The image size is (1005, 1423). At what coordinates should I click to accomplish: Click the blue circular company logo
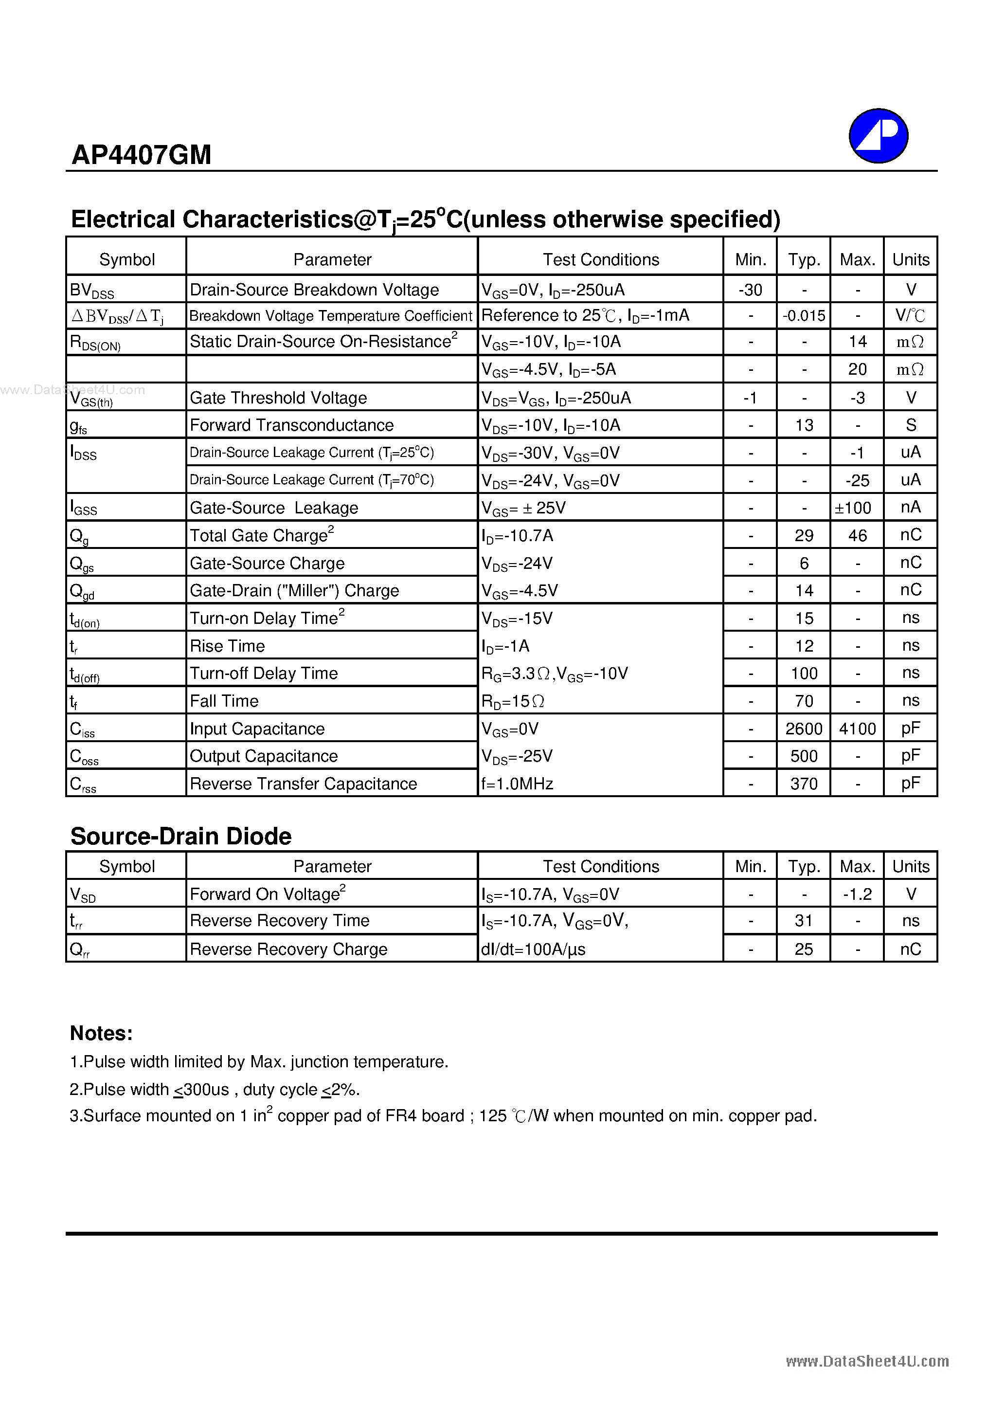[x=878, y=136]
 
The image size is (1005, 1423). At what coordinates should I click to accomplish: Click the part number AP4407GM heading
[x=141, y=155]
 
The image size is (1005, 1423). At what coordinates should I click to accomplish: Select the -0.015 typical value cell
[x=804, y=316]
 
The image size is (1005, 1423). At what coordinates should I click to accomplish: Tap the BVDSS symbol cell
[x=92, y=290]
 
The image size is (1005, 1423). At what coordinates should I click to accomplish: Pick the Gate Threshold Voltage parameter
[x=278, y=398]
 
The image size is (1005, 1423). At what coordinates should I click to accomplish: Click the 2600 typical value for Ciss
[x=804, y=729]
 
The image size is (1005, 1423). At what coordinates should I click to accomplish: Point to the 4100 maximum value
[x=857, y=729]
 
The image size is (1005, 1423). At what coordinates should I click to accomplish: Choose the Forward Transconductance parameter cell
[x=291, y=425]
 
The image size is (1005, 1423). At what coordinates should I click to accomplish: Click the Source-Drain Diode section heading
[x=181, y=836]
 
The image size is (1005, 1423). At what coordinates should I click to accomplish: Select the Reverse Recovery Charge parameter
[x=288, y=949]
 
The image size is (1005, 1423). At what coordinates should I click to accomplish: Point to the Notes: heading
[x=101, y=1033]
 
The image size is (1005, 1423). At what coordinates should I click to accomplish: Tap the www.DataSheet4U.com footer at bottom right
[x=867, y=1361]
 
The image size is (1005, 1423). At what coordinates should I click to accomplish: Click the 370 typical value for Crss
[x=804, y=784]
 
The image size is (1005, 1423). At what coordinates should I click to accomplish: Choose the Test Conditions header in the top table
[x=600, y=260]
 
